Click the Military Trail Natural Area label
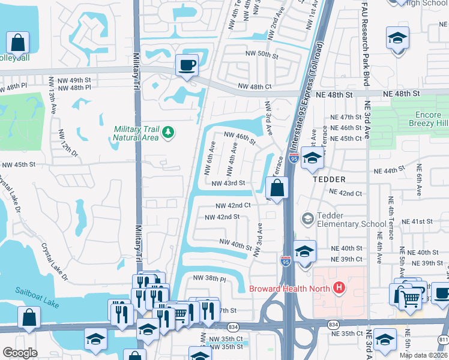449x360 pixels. [136, 133]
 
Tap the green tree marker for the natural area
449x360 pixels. [169, 131]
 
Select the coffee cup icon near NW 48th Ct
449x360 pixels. [187, 65]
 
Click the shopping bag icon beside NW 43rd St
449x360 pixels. [276, 189]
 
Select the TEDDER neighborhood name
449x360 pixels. [328, 179]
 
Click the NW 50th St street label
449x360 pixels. [262, 55]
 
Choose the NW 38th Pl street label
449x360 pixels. [209, 278]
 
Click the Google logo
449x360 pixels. [20, 353]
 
